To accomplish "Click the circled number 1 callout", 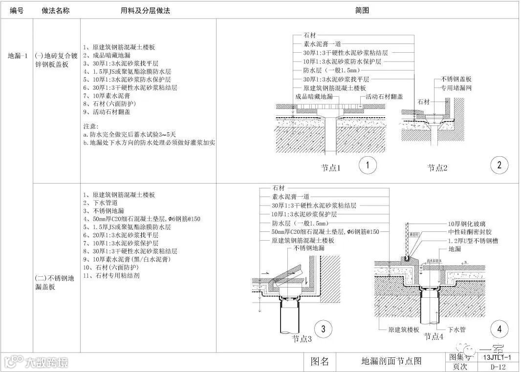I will (x=367, y=165).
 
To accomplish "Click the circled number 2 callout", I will (x=499, y=165).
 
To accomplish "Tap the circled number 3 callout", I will (x=323, y=330).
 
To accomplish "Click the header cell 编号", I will (x=16, y=10).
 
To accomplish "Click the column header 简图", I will (x=362, y=10).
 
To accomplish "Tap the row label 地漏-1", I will (x=17, y=56).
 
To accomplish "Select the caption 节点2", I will (x=438, y=167).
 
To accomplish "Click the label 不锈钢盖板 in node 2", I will (x=456, y=79).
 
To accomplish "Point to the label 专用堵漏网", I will (x=456, y=88).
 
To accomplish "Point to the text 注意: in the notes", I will (x=91, y=125).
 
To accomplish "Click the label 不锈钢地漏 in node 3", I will (x=310, y=248).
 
